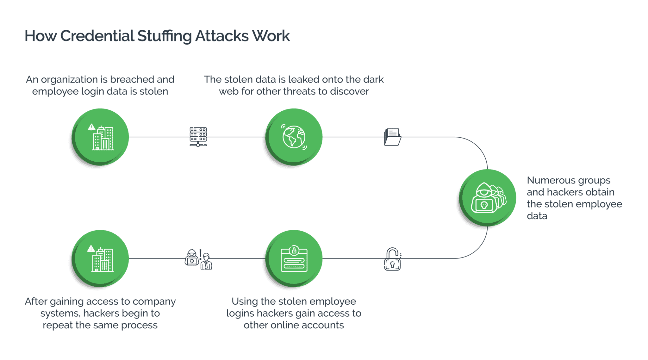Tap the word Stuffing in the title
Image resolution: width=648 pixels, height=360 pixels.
(165, 36)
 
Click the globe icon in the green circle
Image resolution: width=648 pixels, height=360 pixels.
(294, 137)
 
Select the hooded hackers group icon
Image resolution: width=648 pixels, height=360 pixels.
(488, 198)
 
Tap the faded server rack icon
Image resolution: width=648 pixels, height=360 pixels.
(198, 137)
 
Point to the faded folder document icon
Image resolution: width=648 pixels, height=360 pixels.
(392, 137)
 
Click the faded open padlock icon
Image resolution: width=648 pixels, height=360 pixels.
(392, 259)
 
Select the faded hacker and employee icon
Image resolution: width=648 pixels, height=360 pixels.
(198, 259)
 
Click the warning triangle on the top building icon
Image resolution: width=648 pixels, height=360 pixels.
(91, 127)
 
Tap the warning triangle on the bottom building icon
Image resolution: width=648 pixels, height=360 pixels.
(91, 249)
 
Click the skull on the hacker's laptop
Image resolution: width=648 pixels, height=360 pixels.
(483, 205)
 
